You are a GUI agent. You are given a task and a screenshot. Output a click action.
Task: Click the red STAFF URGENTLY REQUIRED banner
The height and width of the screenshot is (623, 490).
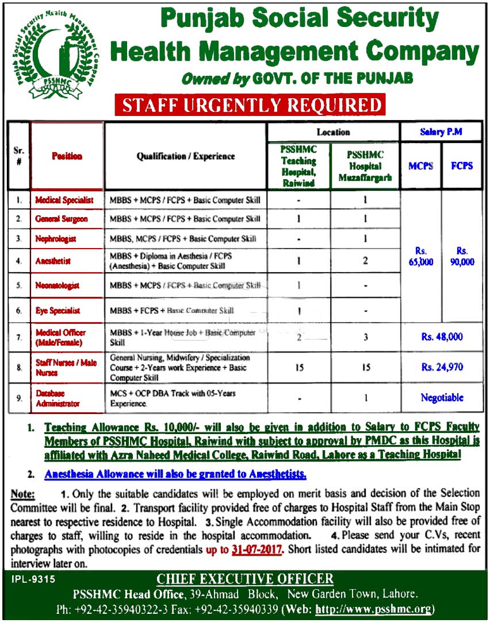(249, 105)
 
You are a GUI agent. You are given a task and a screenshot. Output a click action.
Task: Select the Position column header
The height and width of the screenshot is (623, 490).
(67, 156)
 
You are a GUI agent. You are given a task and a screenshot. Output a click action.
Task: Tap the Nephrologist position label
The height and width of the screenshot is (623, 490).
(55, 238)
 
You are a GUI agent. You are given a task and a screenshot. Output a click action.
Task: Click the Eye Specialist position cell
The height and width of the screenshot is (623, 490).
(58, 311)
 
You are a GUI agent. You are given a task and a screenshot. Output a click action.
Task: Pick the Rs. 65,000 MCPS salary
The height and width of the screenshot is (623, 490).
(419, 256)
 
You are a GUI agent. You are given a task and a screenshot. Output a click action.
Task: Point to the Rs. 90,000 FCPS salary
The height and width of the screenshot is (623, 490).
(462, 256)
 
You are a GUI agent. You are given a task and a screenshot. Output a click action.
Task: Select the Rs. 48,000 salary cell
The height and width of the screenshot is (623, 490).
(442, 337)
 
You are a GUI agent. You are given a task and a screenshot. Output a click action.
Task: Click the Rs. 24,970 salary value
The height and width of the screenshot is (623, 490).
(442, 367)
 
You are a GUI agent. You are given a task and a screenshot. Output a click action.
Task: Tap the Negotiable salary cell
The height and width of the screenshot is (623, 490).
(442, 397)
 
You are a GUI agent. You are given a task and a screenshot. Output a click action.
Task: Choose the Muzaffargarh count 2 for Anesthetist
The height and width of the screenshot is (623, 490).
(366, 261)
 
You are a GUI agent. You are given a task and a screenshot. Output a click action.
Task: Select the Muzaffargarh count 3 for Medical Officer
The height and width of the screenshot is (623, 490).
(366, 337)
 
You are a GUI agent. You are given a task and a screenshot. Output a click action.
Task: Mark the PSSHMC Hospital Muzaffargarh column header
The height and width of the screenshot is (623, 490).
(365, 166)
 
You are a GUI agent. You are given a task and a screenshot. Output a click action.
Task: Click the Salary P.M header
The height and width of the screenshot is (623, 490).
(442, 132)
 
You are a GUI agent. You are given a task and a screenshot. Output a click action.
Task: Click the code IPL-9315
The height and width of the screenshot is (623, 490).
(33, 580)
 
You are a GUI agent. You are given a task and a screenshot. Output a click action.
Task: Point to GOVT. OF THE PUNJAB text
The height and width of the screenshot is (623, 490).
(334, 78)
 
